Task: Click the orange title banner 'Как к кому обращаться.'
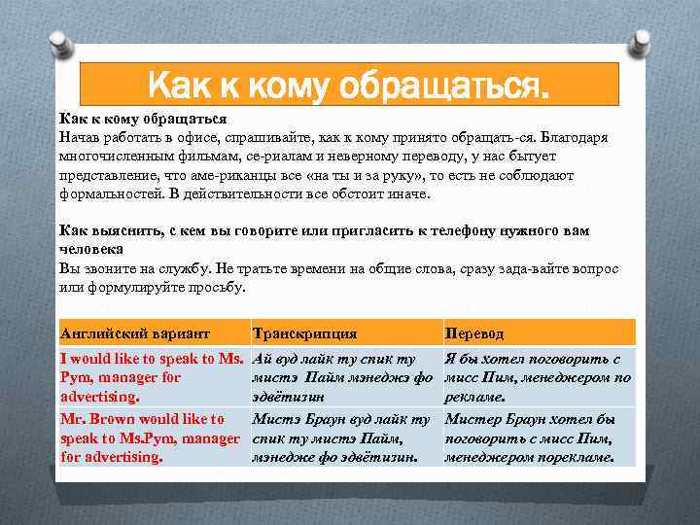(349, 85)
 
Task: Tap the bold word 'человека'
(91, 249)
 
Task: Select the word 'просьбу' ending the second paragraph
(218, 287)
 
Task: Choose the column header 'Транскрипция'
(304, 332)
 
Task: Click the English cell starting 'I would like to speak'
(151, 377)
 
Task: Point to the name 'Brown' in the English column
(114, 419)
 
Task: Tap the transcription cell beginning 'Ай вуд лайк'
(340, 377)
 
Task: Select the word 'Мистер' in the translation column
(473, 419)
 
